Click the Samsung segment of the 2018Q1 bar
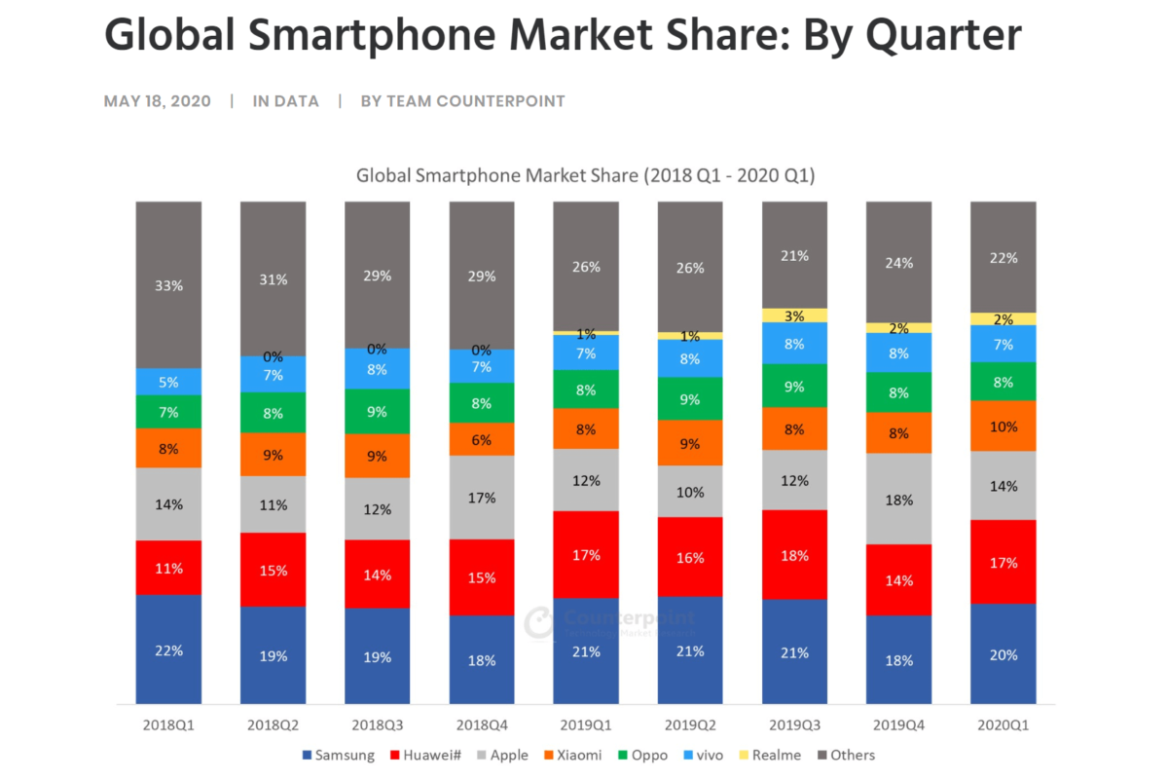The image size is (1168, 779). tap(168, 649)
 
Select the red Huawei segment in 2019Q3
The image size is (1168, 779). tap(794, 555)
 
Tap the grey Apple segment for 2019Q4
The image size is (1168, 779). tap(898, 499)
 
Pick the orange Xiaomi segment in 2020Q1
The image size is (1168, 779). tap(1003, 426)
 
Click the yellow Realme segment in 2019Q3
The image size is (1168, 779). tap(794, 315)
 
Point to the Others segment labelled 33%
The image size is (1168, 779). tap(168, 285)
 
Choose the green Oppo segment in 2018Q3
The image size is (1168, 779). tap(377, 411)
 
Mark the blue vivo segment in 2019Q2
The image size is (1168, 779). tap(690, 358)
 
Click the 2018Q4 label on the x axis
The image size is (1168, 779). tap(481, 725)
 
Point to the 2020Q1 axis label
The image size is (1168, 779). tap(1003, 725)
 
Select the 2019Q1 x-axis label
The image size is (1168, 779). tap(586, 725)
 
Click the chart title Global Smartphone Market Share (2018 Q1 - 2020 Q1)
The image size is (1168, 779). tap(585, 176)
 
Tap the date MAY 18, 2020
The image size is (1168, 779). tap(157, 101)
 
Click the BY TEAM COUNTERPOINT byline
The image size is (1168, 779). tap(462, 101)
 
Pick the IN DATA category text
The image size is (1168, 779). tap(285, 101)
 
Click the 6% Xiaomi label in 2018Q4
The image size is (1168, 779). tap(481, 439)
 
